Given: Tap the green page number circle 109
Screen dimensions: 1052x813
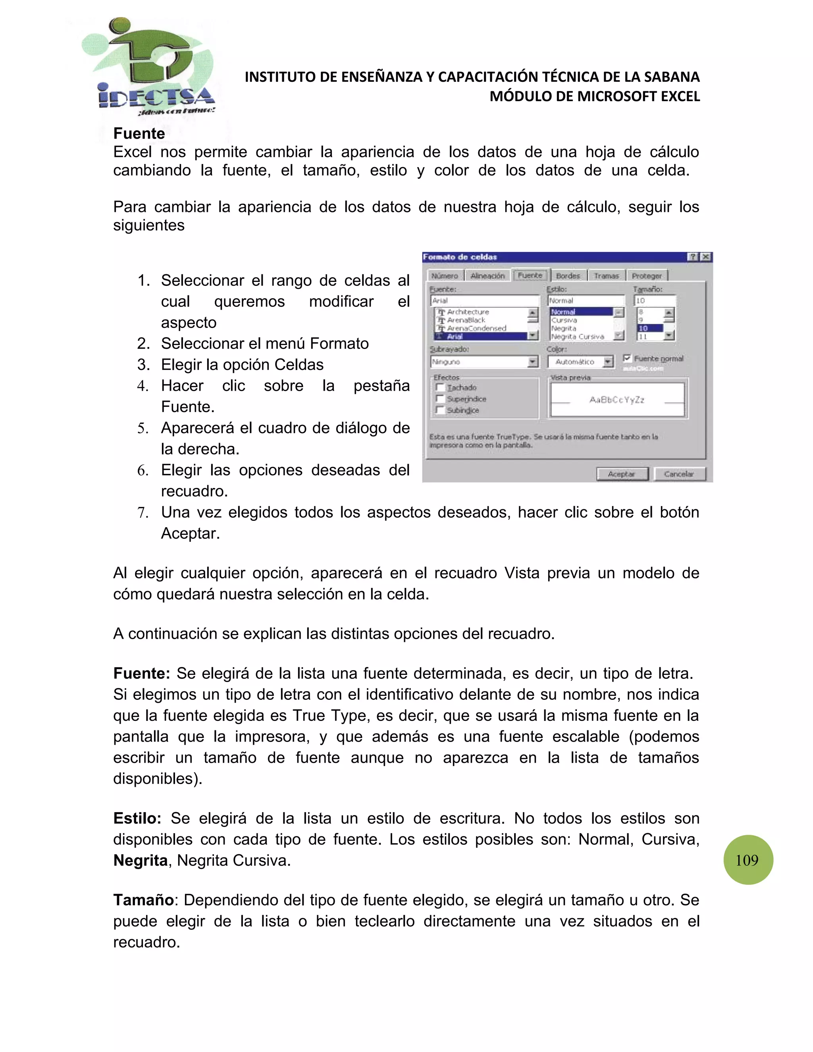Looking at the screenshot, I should click(748, 860).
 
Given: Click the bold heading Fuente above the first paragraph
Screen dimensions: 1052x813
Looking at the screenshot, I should click(139, 133).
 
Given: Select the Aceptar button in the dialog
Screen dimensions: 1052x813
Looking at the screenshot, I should click(622, 474).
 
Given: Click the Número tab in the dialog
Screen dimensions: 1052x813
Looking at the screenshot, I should click(444, 276).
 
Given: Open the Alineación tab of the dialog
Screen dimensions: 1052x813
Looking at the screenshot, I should click(487, 276).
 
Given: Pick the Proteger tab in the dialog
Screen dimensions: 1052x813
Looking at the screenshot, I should click(646, 276).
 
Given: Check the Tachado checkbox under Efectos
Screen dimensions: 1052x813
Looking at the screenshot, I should click(439, 387).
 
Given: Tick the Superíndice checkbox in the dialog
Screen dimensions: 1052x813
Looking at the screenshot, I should click(439, 399).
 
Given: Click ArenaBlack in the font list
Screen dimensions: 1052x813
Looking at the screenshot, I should click(466, 320).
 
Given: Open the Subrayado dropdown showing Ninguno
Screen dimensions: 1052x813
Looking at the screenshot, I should click(532, 362).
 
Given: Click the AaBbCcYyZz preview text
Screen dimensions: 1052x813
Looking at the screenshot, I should click(616, 400).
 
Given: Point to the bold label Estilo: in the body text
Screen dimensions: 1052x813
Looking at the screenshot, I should click(137, 819).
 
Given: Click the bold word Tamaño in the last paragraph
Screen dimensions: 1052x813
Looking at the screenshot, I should click(143, 900).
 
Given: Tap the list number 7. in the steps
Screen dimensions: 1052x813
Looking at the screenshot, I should click(143, 513).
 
